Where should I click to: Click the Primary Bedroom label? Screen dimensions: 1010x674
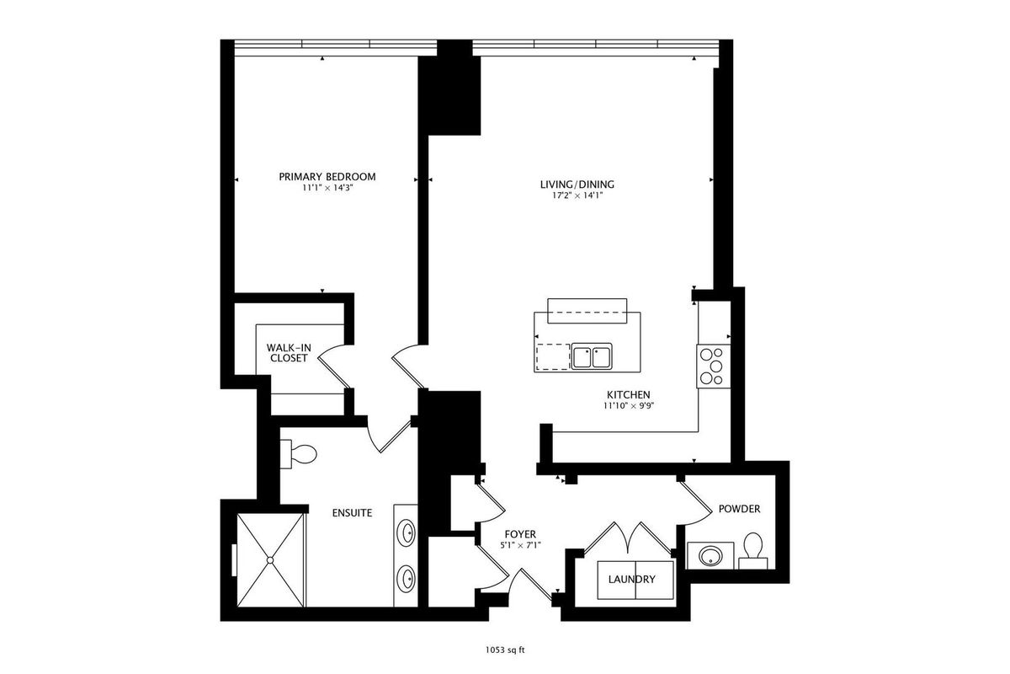tap(327, 177)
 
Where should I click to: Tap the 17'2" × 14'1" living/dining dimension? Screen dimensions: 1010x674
tap(577, 195)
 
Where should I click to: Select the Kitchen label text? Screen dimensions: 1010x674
tap(629, 394)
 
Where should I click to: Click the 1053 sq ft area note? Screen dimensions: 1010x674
tap(505, 650)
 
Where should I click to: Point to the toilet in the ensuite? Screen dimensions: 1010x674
tap(299, 455)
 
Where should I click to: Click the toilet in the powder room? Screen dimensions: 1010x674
tap(753, 550)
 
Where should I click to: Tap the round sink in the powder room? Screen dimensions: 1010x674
tap(710, 556)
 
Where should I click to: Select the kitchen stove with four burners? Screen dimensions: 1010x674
tap(714, 366)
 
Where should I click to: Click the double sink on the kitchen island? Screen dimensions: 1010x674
tap(592, 357)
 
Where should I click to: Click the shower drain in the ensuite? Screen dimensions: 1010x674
tap(270, 560)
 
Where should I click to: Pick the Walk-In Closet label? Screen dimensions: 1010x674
tap(289, 353)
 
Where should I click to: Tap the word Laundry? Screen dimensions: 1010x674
tap(632, 579)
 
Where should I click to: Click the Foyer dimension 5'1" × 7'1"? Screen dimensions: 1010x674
tap(520, 545)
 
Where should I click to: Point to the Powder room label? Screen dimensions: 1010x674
tap(740, 509)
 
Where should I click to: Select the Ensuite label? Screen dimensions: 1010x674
tap(352, 513)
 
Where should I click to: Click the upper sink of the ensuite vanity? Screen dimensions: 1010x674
tap(407, 533)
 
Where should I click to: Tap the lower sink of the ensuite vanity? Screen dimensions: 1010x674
tap(407, 578)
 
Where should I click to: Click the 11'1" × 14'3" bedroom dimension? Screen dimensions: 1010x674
tap(327, 188)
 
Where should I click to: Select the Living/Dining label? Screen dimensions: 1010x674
tap(577, 185)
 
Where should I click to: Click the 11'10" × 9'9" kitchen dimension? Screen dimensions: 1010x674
tap(629, 405)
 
